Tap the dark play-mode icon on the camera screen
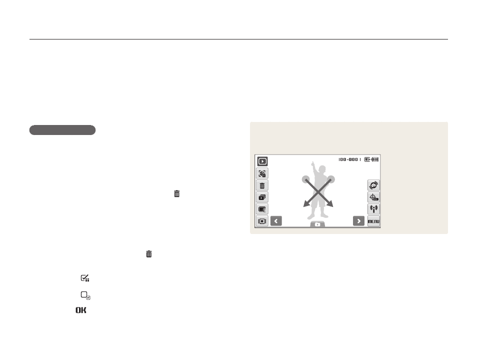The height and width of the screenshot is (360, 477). click(x=262, y=161)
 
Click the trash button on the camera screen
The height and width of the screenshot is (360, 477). click(x=262, y=185)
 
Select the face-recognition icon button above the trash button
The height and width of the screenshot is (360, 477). click(x=262, y=173)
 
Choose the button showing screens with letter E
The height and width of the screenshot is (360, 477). click(x=262, y=209)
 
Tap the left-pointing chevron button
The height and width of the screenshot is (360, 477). click(x=276, y=221)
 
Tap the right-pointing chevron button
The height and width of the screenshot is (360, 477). click(x=358, y=221)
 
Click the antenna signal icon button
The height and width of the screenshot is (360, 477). click(x=373, y=209)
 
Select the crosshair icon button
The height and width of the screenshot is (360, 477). click(x=373, y=197)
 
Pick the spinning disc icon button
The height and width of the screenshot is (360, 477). click(x=373, y=185)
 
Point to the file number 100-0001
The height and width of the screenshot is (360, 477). click(x=349, y=159)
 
